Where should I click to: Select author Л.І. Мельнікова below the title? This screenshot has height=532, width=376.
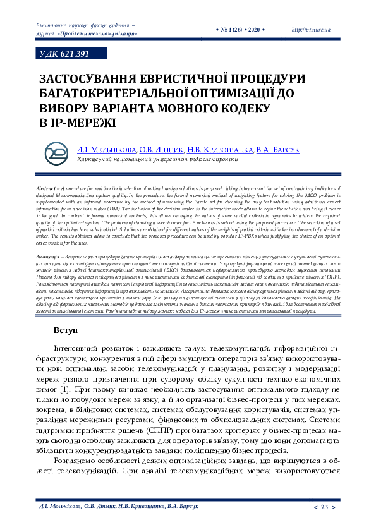click(x=106, y=150)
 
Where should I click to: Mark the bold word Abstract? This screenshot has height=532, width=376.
click(x=45, y=189)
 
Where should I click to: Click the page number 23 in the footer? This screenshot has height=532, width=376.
click(x=325, y=507)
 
